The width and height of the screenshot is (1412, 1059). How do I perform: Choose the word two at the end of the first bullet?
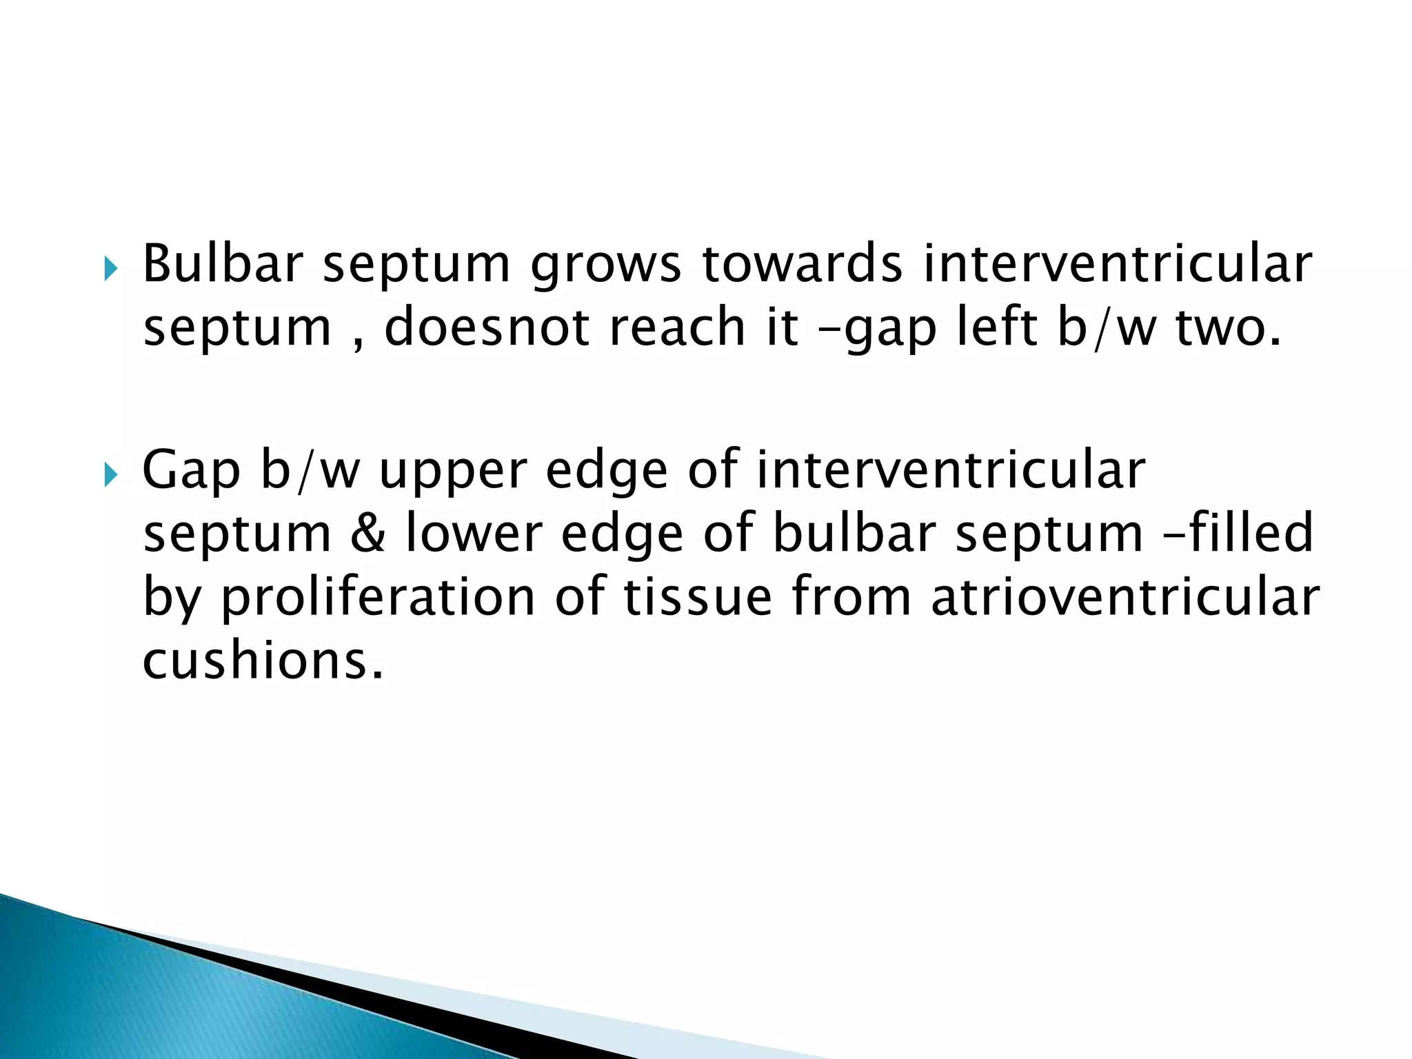click(1228, 328)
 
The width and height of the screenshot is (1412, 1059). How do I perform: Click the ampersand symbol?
click(367, 534)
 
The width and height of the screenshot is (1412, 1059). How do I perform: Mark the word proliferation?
click(378, 597)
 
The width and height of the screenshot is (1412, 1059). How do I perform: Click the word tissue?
click(698, 597)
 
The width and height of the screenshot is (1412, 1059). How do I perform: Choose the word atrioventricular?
click(1125, 597)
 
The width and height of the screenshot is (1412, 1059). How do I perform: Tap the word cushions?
click(262, 660)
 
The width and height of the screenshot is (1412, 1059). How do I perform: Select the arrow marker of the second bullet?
click(111, 475)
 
